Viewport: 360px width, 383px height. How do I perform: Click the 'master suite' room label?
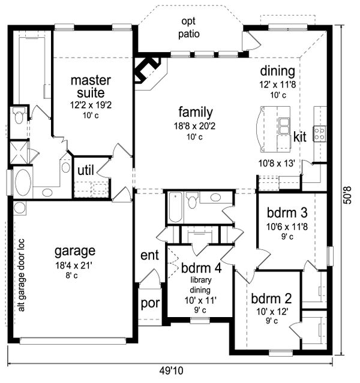click(x=91, y=86)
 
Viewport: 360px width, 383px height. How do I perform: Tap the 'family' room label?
click(x=196, y=112)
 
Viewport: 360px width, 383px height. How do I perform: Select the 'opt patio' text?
click(x=189, y=28)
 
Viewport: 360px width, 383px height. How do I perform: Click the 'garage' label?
click(x=75, y=252)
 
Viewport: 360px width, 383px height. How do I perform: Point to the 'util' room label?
click(x=86, y=170)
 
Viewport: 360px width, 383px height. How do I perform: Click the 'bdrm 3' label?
click(x=287, y=213)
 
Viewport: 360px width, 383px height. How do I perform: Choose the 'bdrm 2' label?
click(x=271, y=298)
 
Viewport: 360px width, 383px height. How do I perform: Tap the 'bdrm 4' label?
click(x=201, y=268)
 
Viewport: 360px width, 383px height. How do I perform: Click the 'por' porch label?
click(x=150, y=304)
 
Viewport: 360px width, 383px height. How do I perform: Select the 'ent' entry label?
click(x=149, y=255)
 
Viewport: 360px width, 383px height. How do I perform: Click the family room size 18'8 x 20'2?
click(x=194, y=126)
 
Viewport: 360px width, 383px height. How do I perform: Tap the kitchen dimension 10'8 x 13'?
click(x=277, y=163)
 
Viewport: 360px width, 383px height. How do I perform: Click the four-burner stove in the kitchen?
click(x=320, y=134)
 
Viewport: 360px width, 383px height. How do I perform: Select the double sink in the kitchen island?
click(x=284, y=125)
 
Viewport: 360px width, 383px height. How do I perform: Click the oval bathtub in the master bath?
click(x=23, y=182)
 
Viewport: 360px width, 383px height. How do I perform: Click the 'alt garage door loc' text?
click(x=22, y=275)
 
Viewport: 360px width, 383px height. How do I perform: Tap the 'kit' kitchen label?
click(x=299, y=137)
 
